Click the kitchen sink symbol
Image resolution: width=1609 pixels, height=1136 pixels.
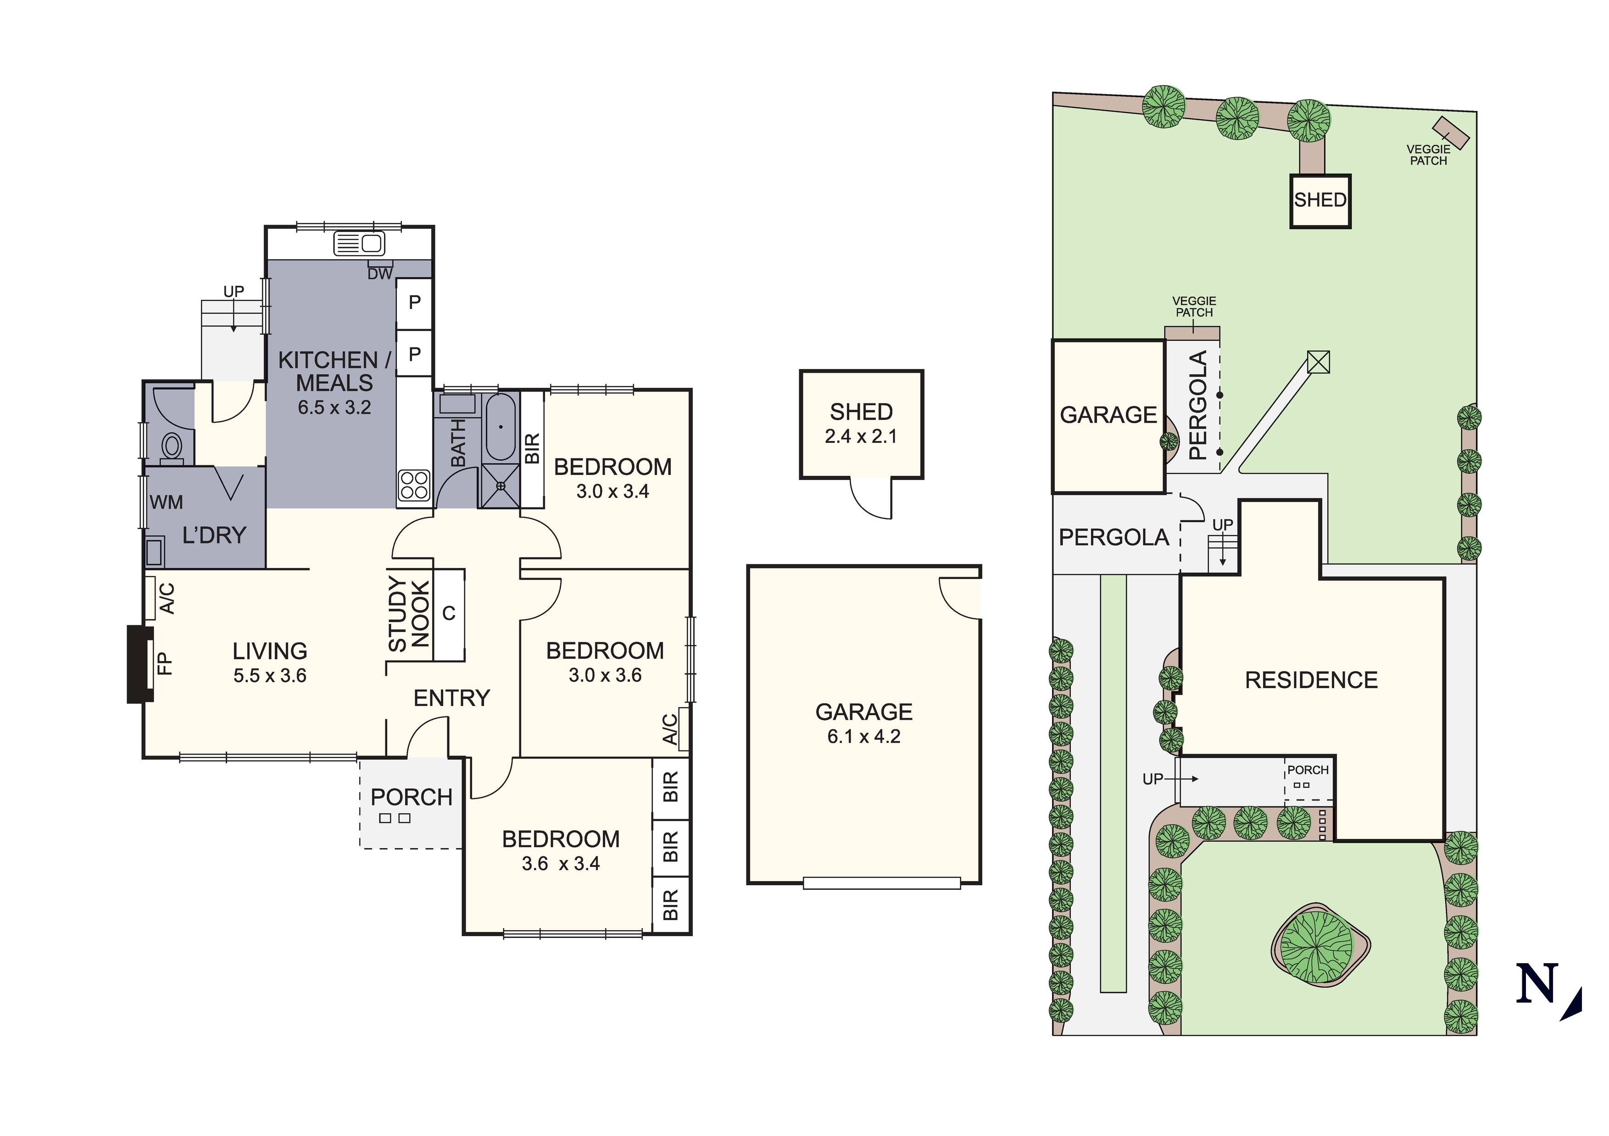coord(359,244)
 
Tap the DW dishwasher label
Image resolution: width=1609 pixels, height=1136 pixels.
coord(380,274)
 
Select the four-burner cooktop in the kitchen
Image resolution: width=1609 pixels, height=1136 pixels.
coord(413,484)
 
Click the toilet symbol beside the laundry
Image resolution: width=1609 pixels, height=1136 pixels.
coord(172,446)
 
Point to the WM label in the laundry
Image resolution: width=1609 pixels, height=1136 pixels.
coord(166,502)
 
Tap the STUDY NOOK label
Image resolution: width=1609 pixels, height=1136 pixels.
coord(408,614)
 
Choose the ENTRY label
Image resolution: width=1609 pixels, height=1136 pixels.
coord(451,698)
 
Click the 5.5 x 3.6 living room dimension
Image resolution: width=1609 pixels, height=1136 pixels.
coord(270,676)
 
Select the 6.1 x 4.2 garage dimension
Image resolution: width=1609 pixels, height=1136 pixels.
coord(863,736)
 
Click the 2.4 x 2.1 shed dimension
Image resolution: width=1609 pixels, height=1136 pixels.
coord(861,436)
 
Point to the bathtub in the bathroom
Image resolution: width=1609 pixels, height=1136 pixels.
coord(501,426)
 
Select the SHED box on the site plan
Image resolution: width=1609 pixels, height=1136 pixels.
coord(1320,200)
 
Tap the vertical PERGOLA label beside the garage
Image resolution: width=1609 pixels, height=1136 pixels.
coord(1199,406)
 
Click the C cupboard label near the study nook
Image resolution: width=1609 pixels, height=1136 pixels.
coord(449,613)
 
